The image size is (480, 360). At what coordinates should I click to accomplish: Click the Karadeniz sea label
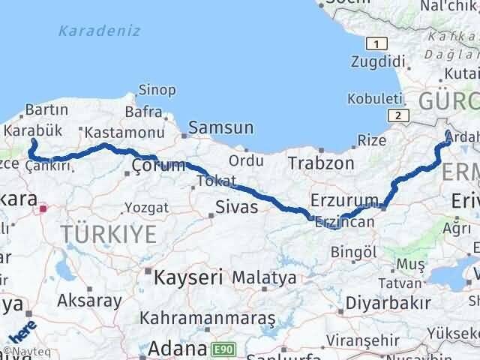92,32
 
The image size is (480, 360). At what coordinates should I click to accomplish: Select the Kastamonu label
114,133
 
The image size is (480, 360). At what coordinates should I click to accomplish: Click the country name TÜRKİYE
109,235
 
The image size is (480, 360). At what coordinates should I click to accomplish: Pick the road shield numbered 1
379,44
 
